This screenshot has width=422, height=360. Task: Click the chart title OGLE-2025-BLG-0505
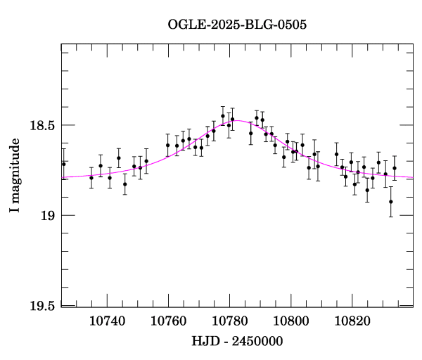(237, 25)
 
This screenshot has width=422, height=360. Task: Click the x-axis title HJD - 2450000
(237, 341)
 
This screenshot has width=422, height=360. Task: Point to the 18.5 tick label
(42, 125)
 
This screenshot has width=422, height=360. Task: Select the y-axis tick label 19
(48, 215)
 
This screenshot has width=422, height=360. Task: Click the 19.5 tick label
(42, 305)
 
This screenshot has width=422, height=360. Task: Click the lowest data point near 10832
(391, 202)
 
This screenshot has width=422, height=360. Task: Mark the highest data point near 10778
(223, 116)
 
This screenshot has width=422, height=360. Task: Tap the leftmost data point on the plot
(64, 164)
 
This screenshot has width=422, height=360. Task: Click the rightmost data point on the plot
(395, 168)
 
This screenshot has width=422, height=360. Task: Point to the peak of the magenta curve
(235, 121)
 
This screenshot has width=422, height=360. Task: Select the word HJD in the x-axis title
(205, 341)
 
